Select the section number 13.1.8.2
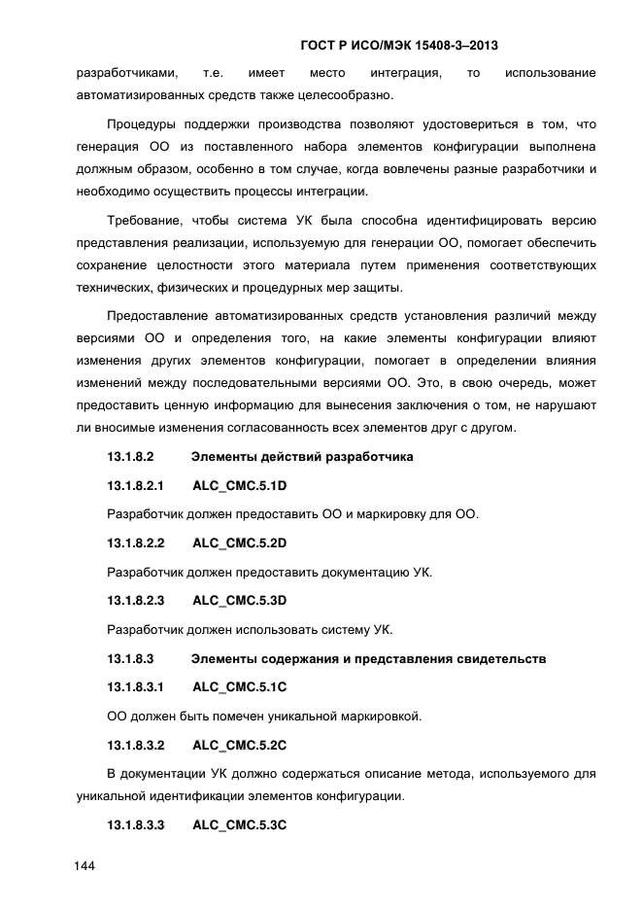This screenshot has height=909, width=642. (x=131, y=456)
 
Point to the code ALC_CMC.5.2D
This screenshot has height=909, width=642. (x=241, y=543)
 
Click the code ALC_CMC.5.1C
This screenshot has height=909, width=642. (x=241, y=688)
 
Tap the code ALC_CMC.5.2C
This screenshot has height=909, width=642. (x=241, y=747)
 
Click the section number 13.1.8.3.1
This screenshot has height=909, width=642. (x=136, y=688)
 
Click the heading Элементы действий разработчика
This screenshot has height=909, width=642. (x=302, y=456)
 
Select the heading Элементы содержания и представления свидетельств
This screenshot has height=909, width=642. (x=369, y=659)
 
